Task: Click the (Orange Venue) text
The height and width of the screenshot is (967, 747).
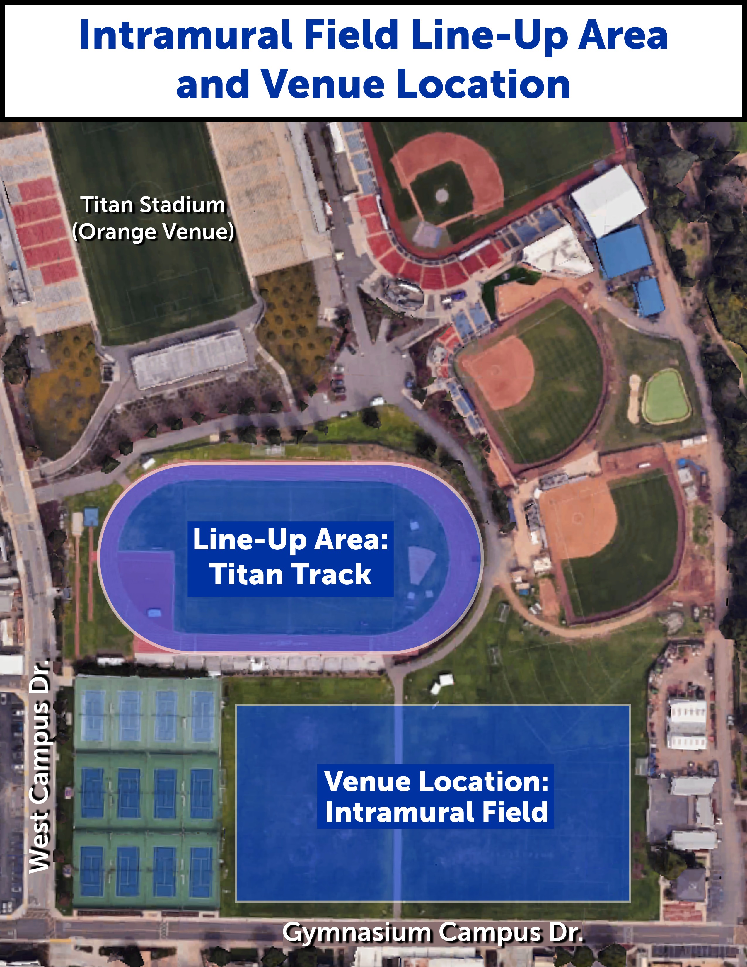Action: tap(153, 231)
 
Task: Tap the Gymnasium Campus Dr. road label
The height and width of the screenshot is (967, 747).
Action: tap(433, 933)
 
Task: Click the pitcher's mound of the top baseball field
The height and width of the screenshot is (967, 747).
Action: tap(441, 194)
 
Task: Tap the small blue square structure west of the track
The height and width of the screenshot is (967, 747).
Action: tap(91, 516)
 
